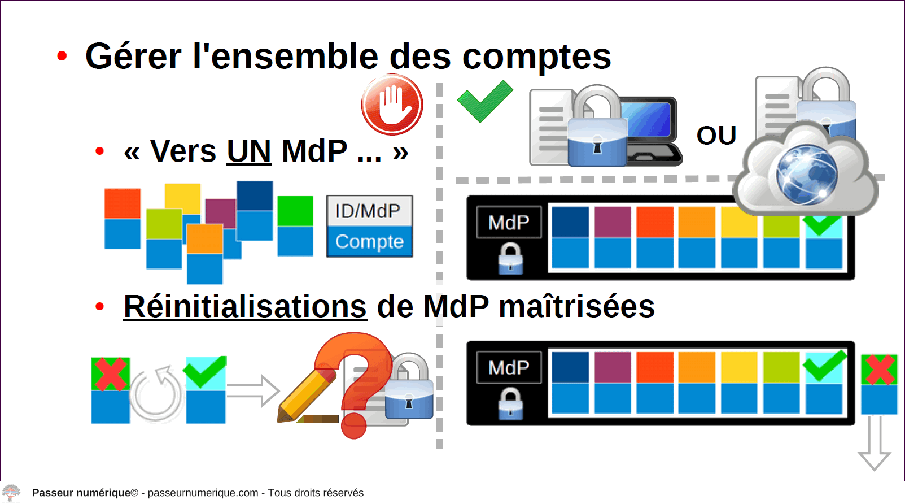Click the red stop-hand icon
[x=392, y=105]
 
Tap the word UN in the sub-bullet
[x=249, y=151]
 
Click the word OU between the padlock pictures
[x=716, y=136]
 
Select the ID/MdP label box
[x=369, y=211]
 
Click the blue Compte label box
[x=369, y=241]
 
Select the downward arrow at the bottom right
[x=875, y=444]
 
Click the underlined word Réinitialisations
[x=245, y=307]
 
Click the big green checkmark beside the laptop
[x=485, y=101]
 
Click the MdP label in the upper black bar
[x=509, y=223]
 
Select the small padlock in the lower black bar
[x=511, y=403]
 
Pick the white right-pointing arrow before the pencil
[x=253, y=391]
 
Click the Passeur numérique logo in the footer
[x=11, y=493]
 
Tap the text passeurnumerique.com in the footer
[x=203, y=493]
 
